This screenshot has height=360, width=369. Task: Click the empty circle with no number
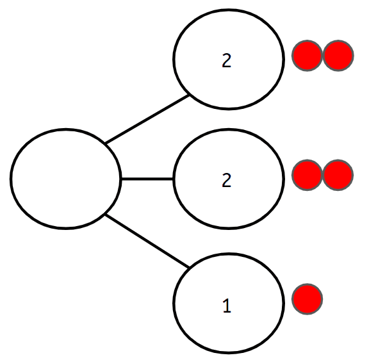(x=65, y=178)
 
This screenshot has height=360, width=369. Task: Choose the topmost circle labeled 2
(x=229, y=59)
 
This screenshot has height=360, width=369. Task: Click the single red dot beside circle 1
(x=307, y=299)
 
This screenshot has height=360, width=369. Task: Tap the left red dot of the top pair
(x=307, y=56)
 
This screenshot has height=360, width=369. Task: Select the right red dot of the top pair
(x=338, y=56)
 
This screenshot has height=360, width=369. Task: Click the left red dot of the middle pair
(x=307, y=175)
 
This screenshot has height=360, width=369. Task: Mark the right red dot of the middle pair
(x=338, y=175)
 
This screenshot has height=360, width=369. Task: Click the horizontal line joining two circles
(x=147, y=179)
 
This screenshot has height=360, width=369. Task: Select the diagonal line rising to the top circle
(x=147, y=119)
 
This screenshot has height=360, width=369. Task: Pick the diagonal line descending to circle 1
(x=147, y=241)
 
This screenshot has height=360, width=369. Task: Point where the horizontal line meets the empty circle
(x=120, y=179)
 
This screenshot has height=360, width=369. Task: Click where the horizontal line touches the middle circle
(x=174, y=179)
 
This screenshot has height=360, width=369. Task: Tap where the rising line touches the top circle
(x=190, y=96)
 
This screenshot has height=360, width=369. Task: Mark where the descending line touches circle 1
(x=190, y=266)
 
